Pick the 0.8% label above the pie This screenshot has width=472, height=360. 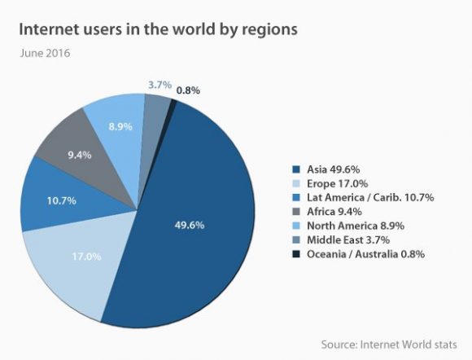[x=190, y=90]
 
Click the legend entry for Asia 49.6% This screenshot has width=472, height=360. [x=330, y=169]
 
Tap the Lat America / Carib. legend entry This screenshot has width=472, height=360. [x=365, y=197]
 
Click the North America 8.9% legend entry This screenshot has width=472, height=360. [x=354, y=225]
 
